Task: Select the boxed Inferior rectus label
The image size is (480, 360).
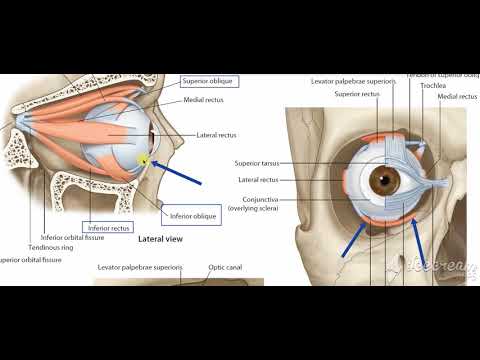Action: tap(108, 227)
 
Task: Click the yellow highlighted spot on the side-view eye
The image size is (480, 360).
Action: tap(145, 158)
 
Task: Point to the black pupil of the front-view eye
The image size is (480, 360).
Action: tap(386, 181)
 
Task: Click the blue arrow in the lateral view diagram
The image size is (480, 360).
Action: tap(181, 170)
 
